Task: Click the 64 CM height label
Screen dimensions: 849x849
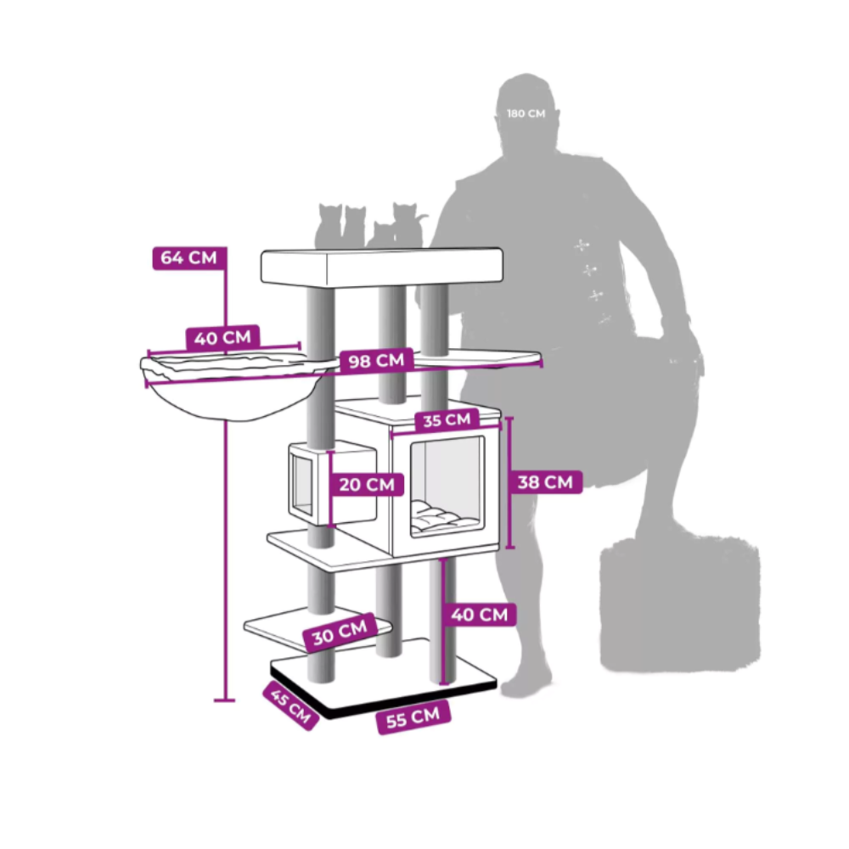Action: [x=189, y=258]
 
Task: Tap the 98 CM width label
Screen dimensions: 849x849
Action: [x=376, y=361]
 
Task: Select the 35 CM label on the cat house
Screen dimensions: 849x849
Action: [x=447, y=419]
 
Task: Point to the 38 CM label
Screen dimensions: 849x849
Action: [x=545, y=482]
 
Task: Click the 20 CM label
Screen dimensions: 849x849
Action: [x=367, y=484]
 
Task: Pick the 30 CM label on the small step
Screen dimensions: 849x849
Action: [x=340, y=632]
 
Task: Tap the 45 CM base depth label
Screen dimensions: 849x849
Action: [x=290, y=706]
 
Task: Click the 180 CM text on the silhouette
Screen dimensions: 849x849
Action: [x=526, y=114]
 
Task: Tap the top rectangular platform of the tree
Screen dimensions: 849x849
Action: [x=382, y=267]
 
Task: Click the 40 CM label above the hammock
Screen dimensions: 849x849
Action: [x=222, y=339]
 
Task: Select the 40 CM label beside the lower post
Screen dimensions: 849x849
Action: [x=479, y=615]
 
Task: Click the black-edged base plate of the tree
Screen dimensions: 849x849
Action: [x=384, y=678]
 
